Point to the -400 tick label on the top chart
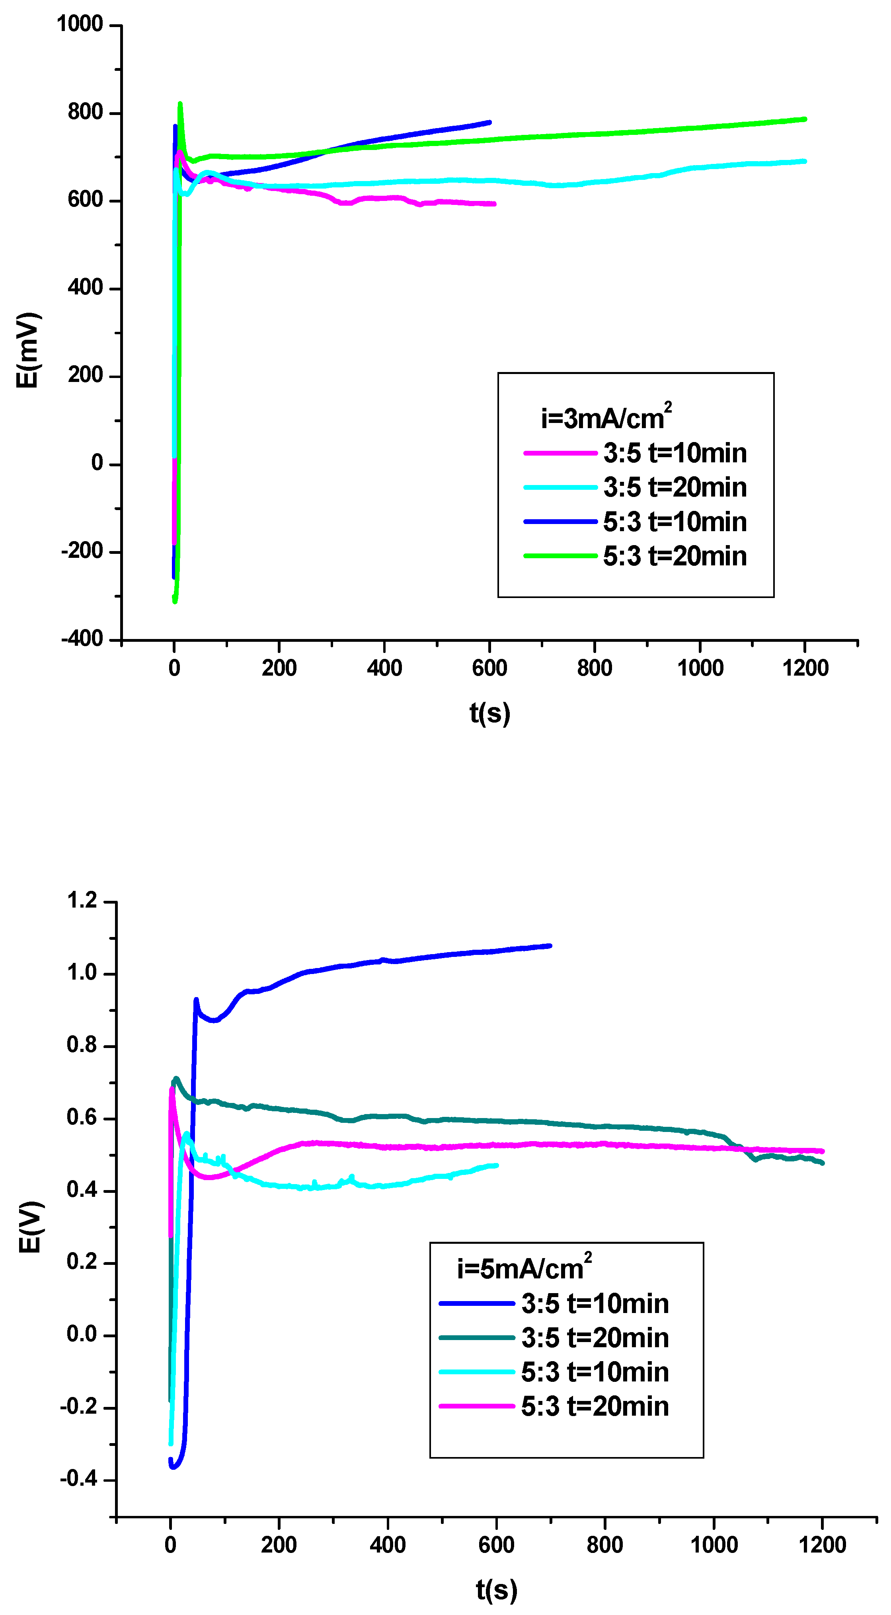pyautogui.click(x=82, y=639)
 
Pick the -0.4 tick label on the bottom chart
pyautogui.click(x=79, y=1479)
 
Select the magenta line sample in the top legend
pyautogui.click(x=560, y=453)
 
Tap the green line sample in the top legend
pyautogui.click(x=560, y=555)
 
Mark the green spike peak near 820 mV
pyautogui.click(x=181, y=104)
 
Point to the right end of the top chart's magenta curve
pyautogui.click(x=494, y=204)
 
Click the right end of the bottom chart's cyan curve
pyautogui.click(x=497, y=1165)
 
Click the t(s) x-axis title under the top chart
pyautogui.click(x=490, y=713)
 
